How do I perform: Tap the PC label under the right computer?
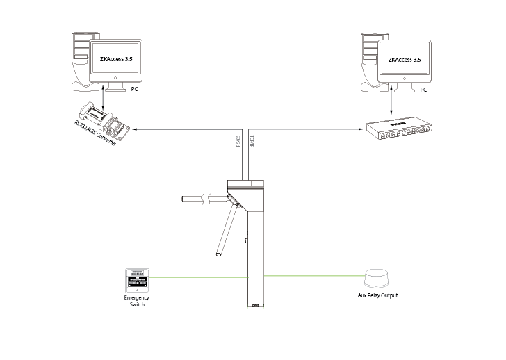[x=423, y=90]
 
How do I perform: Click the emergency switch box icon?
[x=137, y=279]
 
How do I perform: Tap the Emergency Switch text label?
[x=137, y=301]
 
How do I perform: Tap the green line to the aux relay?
[x=313, y=276]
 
